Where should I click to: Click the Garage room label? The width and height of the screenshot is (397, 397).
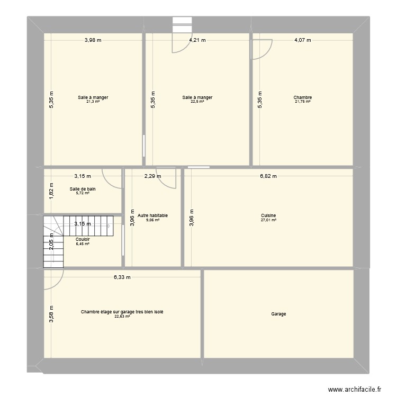[278, 314]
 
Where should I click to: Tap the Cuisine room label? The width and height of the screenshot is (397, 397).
[268, 215]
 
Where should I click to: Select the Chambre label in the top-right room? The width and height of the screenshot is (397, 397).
[303, 97]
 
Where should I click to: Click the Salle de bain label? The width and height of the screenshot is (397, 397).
[83, 189]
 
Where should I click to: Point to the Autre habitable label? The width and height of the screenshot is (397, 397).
[152, 215]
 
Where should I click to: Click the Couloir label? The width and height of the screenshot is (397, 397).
[83, 239]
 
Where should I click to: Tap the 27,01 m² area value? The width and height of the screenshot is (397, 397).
[268, 220]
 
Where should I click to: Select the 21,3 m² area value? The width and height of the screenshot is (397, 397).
[93, 102]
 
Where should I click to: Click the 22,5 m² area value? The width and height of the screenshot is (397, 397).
[197, 102]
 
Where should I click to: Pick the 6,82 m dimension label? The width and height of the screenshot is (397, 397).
[268, 176]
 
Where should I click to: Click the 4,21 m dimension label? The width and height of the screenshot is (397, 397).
[197, 40]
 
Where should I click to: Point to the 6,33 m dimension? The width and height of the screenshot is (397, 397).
[122, 277]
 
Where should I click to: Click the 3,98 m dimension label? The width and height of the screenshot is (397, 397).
[93, 40]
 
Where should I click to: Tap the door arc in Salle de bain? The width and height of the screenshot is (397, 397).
[111, 178]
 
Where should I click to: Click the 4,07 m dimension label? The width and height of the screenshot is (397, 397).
[303, 40]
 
